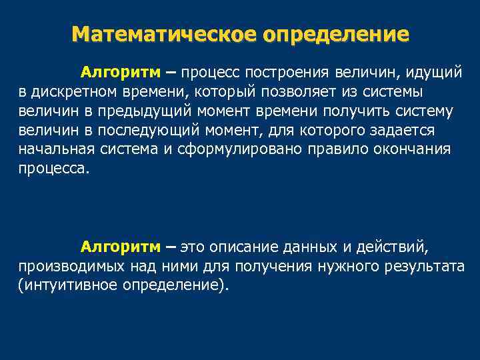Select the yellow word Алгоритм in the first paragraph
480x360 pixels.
point(121,71)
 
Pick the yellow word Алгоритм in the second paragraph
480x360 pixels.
point(121,247)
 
